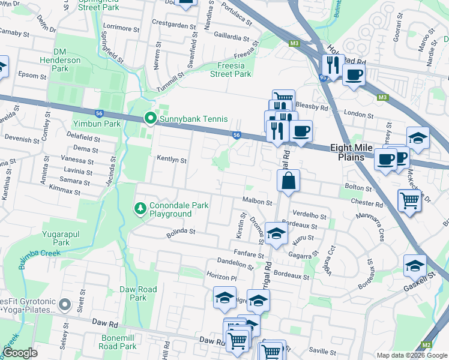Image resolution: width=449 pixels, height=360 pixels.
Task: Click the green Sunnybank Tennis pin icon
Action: click(150, 119)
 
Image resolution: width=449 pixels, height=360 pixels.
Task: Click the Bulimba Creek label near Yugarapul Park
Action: click(40, 256)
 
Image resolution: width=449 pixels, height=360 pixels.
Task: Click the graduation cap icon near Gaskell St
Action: click(415, 265)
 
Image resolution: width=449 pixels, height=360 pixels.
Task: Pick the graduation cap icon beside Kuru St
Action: click(276, 234)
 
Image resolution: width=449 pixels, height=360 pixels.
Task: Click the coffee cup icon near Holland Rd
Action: click(354, 75)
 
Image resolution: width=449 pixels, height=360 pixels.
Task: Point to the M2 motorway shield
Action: click(427, 344)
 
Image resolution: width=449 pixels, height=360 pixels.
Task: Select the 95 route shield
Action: click(324, 78)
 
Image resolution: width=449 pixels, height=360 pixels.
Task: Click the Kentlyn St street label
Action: click(172, 160)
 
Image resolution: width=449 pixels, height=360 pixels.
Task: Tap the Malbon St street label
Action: click(258, 203)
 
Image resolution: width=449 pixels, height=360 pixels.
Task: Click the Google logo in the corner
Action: click(20, 352)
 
